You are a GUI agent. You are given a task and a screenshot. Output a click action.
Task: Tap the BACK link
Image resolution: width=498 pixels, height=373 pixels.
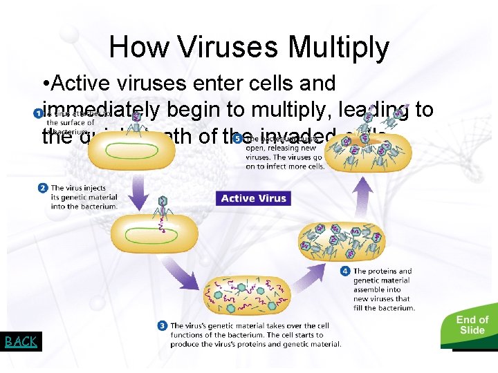(21, 341)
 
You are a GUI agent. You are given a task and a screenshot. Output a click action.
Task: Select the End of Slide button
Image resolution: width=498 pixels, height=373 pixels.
(472, 325)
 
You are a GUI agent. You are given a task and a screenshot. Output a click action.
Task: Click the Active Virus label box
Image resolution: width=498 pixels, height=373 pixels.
(253, 198)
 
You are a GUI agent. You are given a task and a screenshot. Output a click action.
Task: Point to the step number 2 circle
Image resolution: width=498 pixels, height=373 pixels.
(43, 187)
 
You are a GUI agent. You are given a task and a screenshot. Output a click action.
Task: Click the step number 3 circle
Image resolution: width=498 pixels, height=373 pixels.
(162, 325)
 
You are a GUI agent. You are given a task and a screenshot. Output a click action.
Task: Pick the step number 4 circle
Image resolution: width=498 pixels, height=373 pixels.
(345, 271)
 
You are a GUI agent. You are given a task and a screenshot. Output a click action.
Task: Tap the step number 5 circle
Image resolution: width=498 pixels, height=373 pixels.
(238, 138)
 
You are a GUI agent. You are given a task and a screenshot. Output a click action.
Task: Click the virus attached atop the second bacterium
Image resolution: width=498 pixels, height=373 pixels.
(163, 207)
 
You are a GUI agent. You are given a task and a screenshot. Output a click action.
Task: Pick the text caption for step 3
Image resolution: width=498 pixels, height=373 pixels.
(256, 334)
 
